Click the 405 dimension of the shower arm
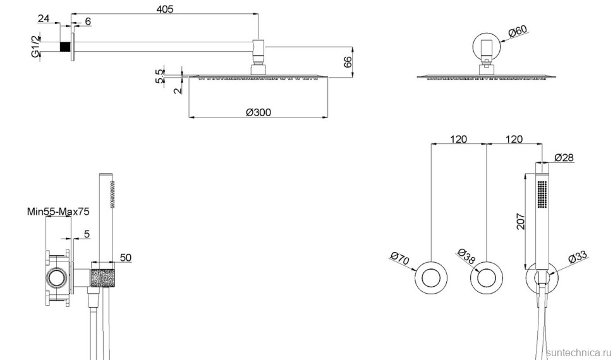(x=165, y=9)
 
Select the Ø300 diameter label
(x=258, y=112)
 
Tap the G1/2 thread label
(x=36, y=46)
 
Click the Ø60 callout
(x=516, y=30)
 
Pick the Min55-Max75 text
(x=58, y=212)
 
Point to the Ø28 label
(x=564, y=158)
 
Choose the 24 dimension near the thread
(x=44, y=18)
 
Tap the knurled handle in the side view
(x=102, y=278)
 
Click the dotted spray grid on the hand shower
(x=541, y=193)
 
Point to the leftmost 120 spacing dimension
(x=459, y=139)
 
